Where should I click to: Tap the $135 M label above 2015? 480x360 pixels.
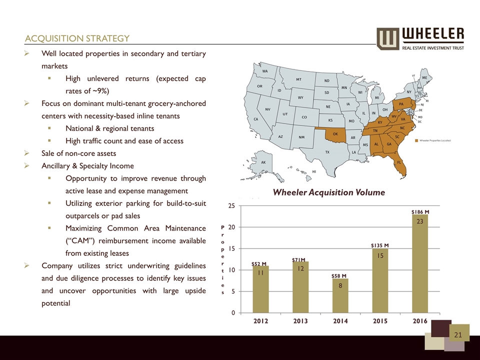click(380, 245)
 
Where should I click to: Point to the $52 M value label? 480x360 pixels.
click(259, 263)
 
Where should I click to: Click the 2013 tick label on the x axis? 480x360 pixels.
click(300, 321)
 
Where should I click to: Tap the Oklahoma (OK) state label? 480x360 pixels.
click(335, 133)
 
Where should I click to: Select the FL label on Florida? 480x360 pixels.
click(399, 163)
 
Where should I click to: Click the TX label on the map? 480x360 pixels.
click(327, 151)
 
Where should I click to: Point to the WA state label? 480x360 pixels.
click(265, 71)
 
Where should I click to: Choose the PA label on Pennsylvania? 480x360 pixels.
click(401, 104)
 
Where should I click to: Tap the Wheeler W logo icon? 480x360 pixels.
click(387, 39)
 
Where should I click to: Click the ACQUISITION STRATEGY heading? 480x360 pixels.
click(77, 38)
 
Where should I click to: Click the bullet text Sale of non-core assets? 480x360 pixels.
click(79, 153)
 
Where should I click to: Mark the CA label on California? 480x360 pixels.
click(256, 119)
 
